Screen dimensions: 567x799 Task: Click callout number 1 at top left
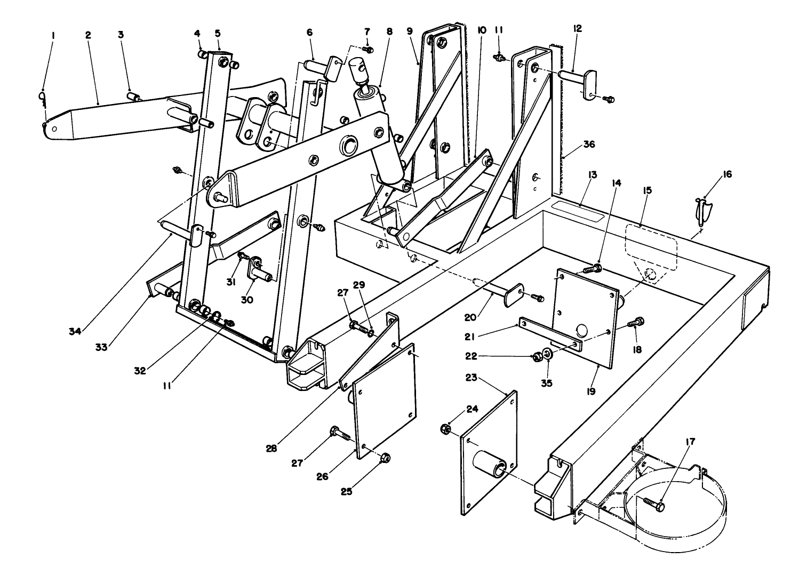point(53,35)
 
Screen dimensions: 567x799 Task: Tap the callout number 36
point(574,145)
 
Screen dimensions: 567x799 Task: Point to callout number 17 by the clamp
point(691,441)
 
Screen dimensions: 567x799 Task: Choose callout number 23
point(471,378)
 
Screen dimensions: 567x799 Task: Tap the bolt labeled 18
point(636,322)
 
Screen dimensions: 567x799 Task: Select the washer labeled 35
point(547,354)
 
